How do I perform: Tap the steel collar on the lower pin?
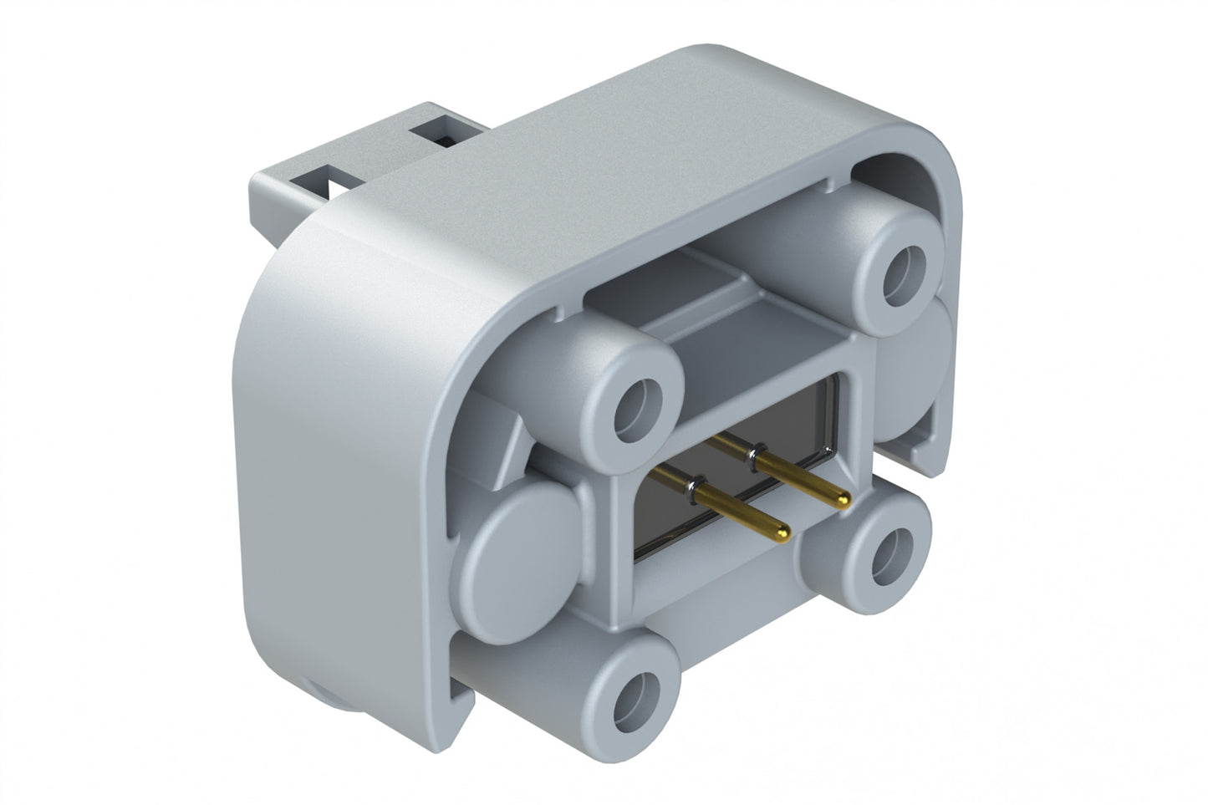693,482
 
